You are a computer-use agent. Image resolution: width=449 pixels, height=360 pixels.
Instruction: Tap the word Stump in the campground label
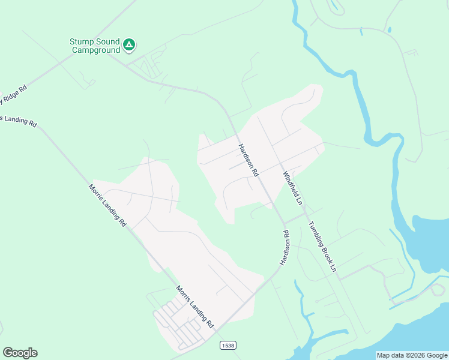(81, 41)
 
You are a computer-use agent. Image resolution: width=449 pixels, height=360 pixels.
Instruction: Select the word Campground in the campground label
(96, 50)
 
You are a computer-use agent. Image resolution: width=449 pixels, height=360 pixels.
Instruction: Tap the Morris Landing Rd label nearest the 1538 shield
(194, 306)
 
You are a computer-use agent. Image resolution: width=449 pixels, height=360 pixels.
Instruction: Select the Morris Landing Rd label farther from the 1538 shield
(107, 205)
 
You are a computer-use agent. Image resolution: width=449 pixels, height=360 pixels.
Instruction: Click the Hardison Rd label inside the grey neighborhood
(247, 160)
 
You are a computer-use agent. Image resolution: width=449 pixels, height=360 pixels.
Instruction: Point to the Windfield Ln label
(292, 188)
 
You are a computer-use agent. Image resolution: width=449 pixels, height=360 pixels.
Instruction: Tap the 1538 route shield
(228, 345)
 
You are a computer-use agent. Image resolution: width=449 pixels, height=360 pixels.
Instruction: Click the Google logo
(20, 353)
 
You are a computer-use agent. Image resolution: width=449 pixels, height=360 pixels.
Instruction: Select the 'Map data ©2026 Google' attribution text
(412, 355)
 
